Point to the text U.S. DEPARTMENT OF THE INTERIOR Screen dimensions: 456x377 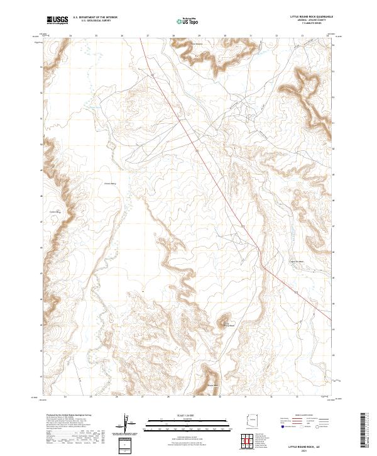(x=95, y=18)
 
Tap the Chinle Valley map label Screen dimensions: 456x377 (x=111, y=184)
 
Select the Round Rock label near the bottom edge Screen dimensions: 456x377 (x=212, y=385)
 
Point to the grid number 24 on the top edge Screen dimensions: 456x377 (x=70, y=36)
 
